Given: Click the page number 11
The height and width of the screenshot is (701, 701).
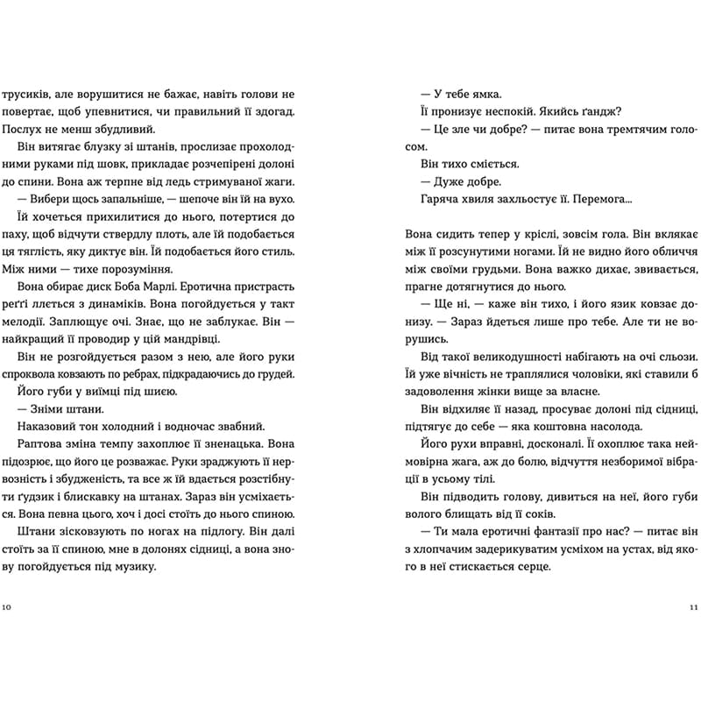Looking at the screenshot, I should (x=691, y=606).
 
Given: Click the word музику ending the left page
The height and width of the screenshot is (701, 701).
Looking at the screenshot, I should (x=132, y=566).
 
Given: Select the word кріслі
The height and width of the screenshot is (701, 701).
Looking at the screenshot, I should (x=533, y=235).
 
